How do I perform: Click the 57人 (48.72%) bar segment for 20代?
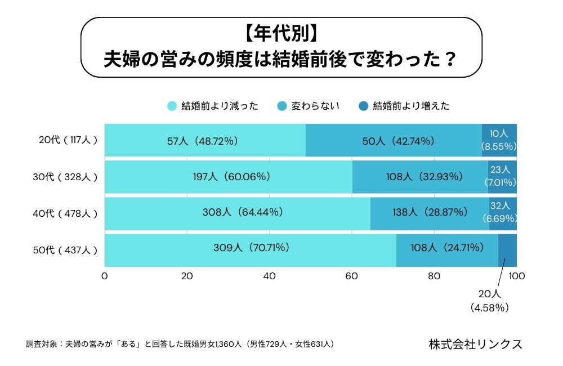click(205, 140)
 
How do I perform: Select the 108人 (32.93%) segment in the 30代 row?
click(420, 177)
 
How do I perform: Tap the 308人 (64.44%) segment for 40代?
click(237, 213)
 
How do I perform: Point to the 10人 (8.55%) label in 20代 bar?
click(499, 140)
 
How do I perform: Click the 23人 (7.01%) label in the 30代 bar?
click(501, 176)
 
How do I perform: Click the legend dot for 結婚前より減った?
click(172, 106)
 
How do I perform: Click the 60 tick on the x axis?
click(352, 276)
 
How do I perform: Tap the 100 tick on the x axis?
click(516, 276)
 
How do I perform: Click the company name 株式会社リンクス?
click(475, 343)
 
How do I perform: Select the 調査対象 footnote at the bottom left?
click(180, 343)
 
